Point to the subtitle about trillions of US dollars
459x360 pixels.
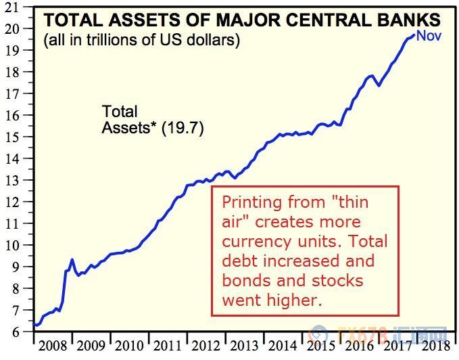142,40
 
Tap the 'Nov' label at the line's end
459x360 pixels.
429,35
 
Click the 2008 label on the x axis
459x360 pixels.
53,346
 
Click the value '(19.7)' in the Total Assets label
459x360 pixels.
182,127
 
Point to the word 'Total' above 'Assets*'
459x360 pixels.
120,112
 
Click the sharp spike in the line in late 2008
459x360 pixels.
72,259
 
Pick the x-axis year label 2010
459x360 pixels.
130,346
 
